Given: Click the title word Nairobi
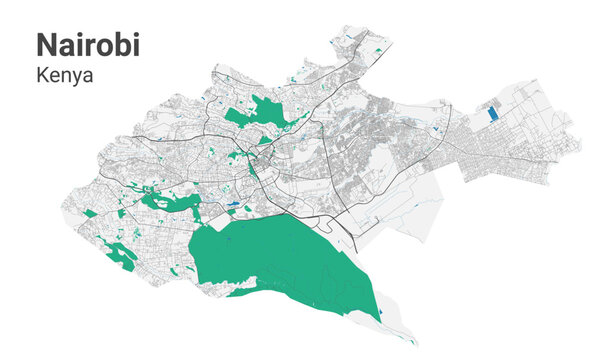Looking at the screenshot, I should [88, 43].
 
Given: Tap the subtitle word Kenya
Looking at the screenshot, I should [64, 74].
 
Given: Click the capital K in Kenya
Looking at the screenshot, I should [42, 74].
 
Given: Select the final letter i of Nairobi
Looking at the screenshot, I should [136, 43].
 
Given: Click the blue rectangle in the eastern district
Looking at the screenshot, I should [491, 114].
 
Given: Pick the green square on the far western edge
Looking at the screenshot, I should [90, 213].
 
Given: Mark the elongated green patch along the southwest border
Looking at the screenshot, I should [121, 257].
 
